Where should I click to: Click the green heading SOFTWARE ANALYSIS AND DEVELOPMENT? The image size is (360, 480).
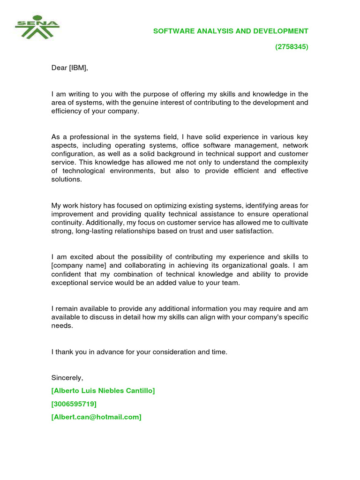click(x=231, y=31)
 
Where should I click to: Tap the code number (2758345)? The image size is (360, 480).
click(x=291, y=47)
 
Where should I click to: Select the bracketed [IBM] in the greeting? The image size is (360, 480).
click(x=78, y=68)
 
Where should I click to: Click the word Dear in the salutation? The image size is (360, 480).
click(x=59, y=68)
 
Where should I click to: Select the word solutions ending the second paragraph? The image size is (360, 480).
click(x=66, y=180)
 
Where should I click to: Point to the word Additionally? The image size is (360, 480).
click(x=103, y=222)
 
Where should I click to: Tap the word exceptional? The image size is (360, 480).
click(x=70, y=283)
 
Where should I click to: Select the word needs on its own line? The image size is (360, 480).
click(x=62, y=326)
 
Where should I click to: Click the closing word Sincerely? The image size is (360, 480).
click(x=67, y=377)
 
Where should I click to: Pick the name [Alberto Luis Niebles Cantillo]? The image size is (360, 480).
click(x=103, y=390)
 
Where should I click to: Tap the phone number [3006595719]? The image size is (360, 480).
click(x=74, y=404)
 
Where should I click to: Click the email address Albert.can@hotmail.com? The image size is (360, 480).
click(x=97, y=417)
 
